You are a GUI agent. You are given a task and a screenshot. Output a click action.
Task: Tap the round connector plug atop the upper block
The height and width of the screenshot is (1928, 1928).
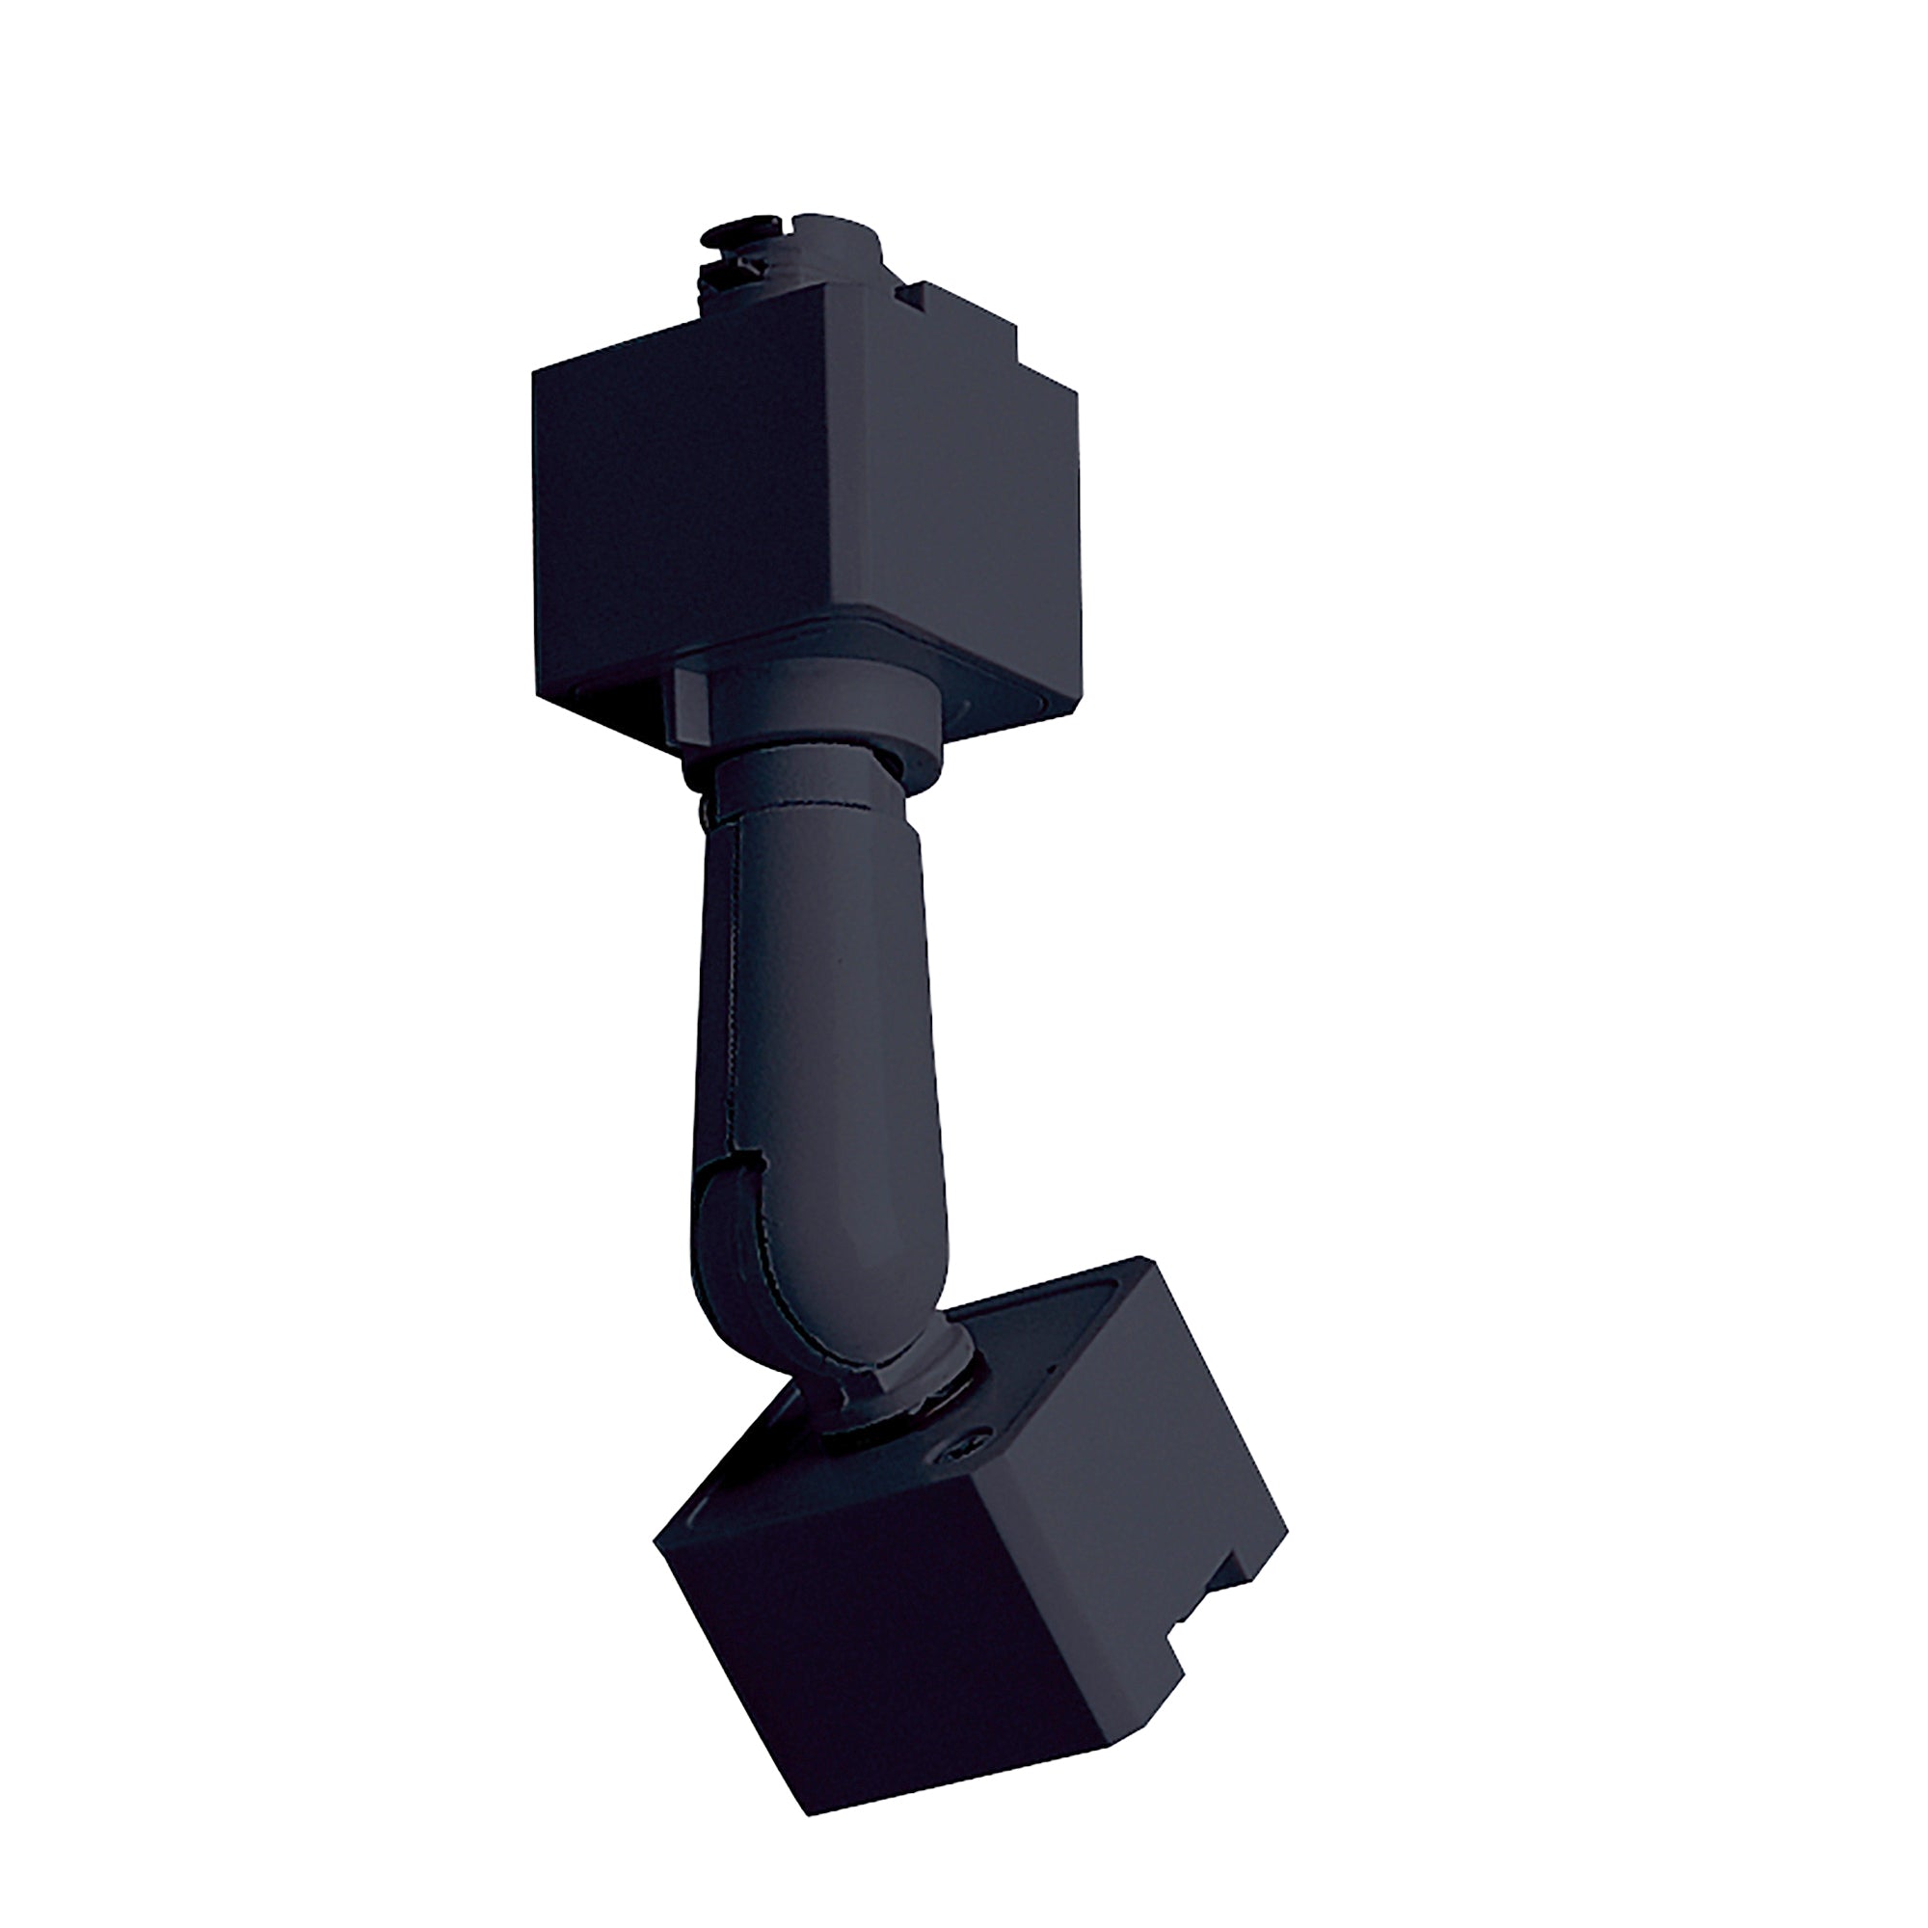tap(789, 255)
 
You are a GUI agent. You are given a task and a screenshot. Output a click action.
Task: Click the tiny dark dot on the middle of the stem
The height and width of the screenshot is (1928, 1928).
tap(841, 962)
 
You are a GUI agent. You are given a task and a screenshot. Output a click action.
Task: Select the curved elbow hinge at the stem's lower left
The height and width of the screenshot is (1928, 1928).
tap(738, 1257)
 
